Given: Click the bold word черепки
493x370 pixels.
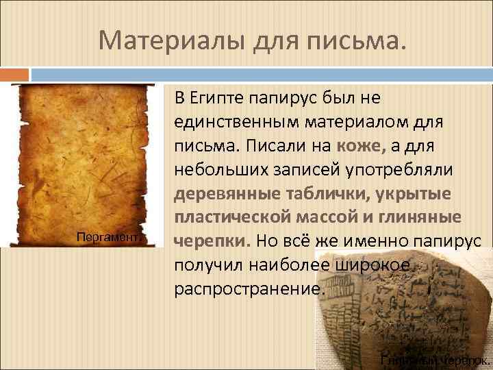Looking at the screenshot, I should coord(212,243).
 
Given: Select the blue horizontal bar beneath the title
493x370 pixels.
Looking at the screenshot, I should coord(260,73).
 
